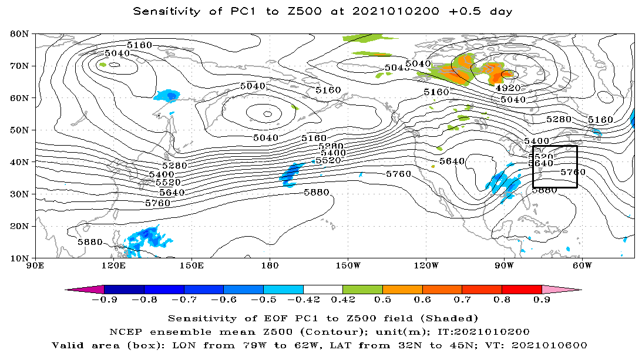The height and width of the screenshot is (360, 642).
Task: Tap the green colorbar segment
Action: pyautogui.click(x=362, y=290)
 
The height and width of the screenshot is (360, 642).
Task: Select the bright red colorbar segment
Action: pyautogui.click(x=522, y=290)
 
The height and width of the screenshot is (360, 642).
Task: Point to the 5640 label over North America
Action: pyautogui.click(x=452, y=161)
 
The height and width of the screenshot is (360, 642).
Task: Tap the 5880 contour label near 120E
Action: pyautogui.click(x=90, y=242)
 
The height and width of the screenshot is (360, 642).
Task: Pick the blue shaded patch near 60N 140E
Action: pyautogui.click(x=167, y=95)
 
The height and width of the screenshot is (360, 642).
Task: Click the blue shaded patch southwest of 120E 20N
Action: pyautogui.click(x=144, y=238)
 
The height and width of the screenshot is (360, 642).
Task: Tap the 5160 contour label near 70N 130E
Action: pyautogui.click(x=139, y=45)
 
